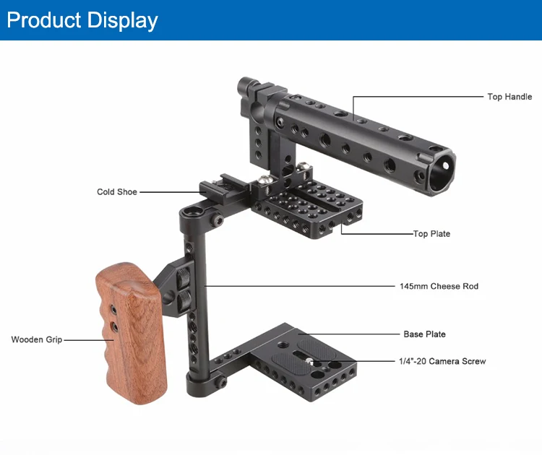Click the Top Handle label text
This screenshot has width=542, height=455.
pos(509,97)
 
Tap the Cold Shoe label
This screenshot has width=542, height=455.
pos(117,191)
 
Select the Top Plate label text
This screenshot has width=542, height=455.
pos(431,234)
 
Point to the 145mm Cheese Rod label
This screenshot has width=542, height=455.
pos(439,286)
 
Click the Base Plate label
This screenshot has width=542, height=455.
pos(424,334)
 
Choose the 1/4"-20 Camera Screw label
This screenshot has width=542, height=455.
pos(442,361)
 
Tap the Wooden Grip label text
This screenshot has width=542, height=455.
pos(37,339)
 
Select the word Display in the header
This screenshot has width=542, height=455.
pos(122,20)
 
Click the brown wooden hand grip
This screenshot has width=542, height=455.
pos(131,334)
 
